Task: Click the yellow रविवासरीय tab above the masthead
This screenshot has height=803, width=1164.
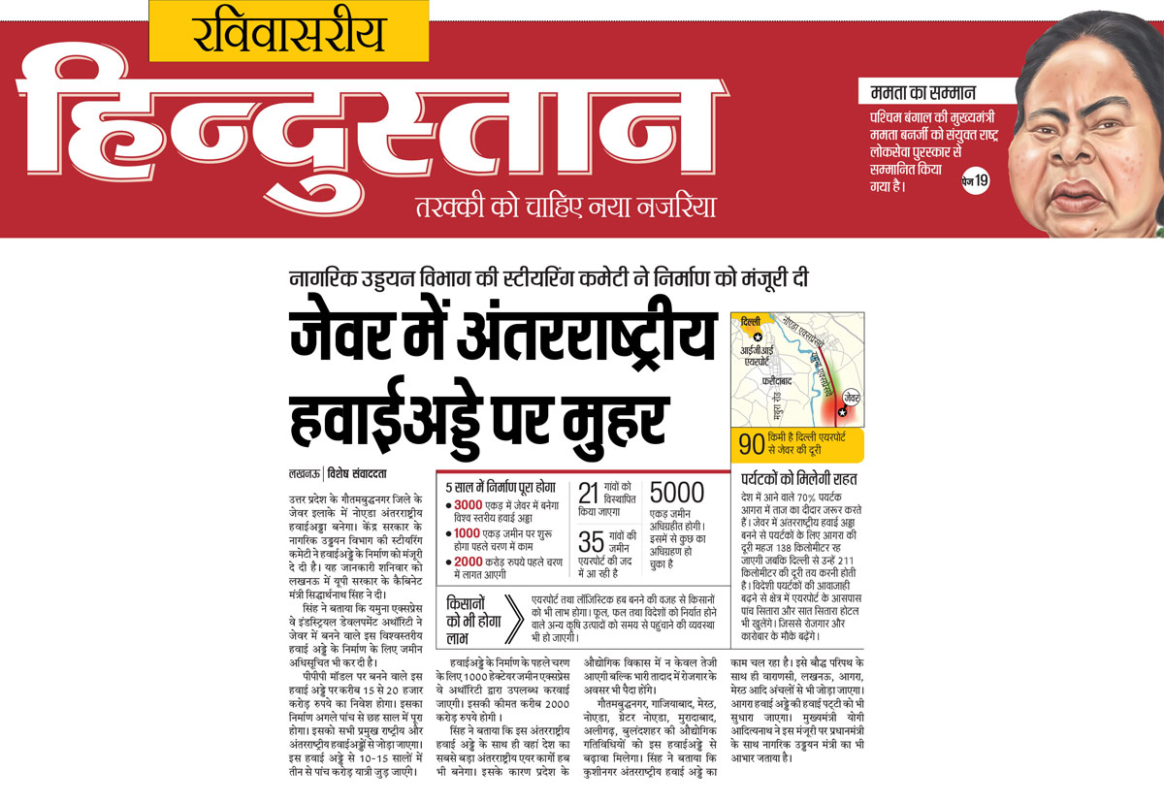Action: (288, 32)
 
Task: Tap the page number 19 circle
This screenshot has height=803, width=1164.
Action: (974, 180)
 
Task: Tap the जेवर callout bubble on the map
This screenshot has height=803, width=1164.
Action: (851, 396)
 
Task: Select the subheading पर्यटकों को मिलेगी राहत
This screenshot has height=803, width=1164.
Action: (799, 479)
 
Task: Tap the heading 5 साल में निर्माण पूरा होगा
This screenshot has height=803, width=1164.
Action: (500, 487)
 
